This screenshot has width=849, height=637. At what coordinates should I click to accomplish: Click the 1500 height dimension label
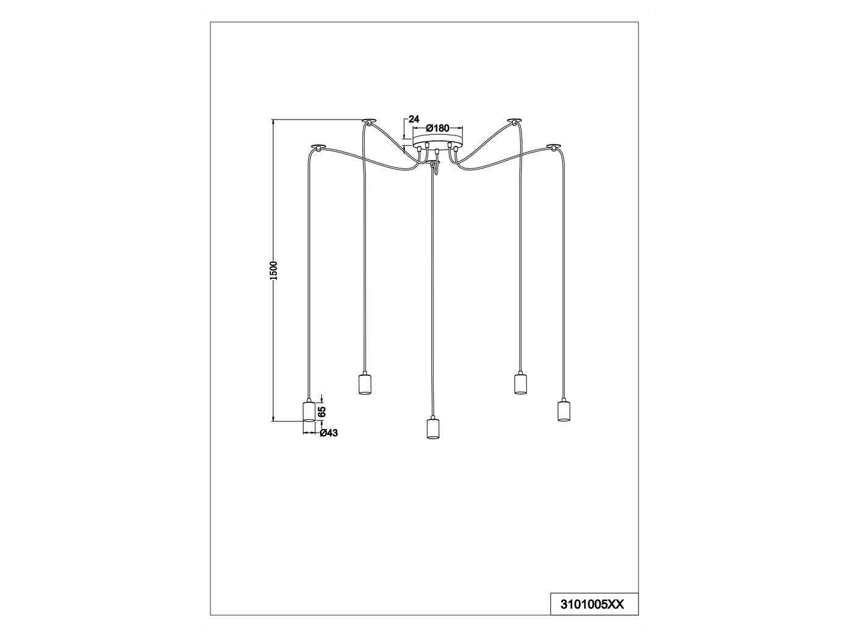(273, 270)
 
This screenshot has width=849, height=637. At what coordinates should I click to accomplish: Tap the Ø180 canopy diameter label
(437, 128)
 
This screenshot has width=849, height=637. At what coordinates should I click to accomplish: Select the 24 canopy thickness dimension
(414, 119)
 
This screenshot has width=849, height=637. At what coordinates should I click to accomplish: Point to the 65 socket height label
(322, 411)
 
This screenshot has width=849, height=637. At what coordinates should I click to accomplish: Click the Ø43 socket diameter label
(329, 433)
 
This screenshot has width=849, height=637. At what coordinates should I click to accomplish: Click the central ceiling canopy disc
(437, 141)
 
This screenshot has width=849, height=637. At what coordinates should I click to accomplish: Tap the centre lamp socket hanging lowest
(433, 427)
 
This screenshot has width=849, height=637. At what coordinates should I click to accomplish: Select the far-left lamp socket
(309, 410)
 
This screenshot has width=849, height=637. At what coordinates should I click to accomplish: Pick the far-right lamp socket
(564, 409)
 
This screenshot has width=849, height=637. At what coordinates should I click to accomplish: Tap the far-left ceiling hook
(318, 146)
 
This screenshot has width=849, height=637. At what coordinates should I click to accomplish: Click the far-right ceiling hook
(554, 146)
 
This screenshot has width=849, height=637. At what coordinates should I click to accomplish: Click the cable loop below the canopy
(435, 168)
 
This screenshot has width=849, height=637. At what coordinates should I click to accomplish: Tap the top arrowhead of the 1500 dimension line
(273, 121)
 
